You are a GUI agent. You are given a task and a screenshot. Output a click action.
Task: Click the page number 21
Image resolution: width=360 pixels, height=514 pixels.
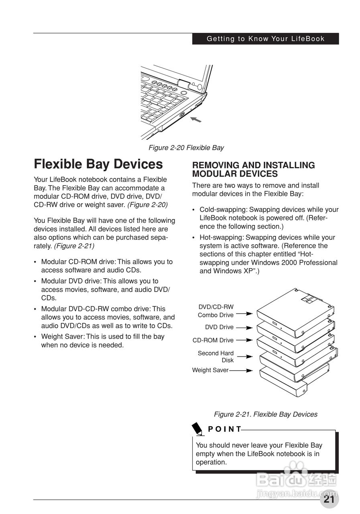(329, 499)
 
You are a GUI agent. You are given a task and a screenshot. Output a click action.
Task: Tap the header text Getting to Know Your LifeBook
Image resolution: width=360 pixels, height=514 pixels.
(265, 39)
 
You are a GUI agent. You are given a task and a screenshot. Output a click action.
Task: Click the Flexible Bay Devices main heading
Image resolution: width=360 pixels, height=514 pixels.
(98, 164)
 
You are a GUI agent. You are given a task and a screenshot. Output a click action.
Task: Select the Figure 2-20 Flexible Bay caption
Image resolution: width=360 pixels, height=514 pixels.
(186, 148)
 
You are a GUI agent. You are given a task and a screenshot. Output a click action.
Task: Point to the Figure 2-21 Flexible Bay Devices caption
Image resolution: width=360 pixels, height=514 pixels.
(265, 414)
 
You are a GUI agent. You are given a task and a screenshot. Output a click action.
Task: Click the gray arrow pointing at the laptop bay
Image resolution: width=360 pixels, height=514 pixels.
(195, 119)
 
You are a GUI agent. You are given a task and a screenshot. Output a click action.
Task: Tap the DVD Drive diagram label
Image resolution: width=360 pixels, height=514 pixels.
(219, 327)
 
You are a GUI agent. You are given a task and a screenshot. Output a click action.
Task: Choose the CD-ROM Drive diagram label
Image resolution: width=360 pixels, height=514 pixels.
(213, 340)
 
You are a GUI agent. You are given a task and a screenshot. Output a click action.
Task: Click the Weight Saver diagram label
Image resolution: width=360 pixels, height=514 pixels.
(210, 370)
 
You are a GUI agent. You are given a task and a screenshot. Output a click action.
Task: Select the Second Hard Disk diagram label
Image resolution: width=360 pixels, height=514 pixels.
(216, 357)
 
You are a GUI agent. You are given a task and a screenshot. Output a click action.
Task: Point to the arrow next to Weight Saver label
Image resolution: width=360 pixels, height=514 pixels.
(241, 370)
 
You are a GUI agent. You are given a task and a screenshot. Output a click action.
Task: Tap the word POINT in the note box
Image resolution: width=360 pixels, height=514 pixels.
(225, 429)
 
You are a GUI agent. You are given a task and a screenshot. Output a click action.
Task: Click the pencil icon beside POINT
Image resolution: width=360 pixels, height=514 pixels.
(197, 428)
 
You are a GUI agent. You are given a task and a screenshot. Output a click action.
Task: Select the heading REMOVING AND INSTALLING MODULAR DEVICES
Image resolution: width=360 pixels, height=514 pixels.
(253, 169)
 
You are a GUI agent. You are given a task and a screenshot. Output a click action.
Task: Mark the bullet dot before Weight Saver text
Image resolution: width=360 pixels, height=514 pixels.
(36, 337)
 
